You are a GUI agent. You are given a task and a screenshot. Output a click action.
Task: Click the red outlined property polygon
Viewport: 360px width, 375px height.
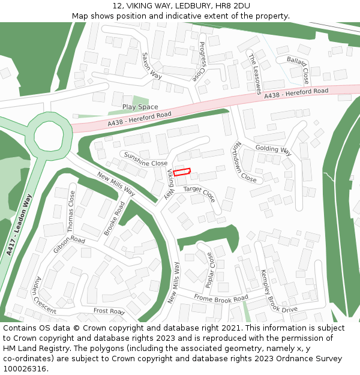(x=182, y=172)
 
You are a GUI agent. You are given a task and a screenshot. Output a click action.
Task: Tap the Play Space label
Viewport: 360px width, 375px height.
(x=140, y=107)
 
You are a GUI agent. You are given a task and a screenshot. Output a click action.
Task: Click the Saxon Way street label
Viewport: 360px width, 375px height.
(x=152, y=65)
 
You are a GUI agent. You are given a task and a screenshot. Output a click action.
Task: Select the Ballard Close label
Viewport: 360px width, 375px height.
(x=298, y=69)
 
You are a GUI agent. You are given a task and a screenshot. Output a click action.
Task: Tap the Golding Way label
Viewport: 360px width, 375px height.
(x=273, y=149)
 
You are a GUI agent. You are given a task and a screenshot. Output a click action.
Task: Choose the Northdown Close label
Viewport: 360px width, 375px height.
(x=245, y=162)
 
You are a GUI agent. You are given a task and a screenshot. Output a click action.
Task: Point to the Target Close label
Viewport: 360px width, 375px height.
(x=199, y=193)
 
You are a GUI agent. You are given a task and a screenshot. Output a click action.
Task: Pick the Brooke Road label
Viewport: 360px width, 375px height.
(x=115, y=218)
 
